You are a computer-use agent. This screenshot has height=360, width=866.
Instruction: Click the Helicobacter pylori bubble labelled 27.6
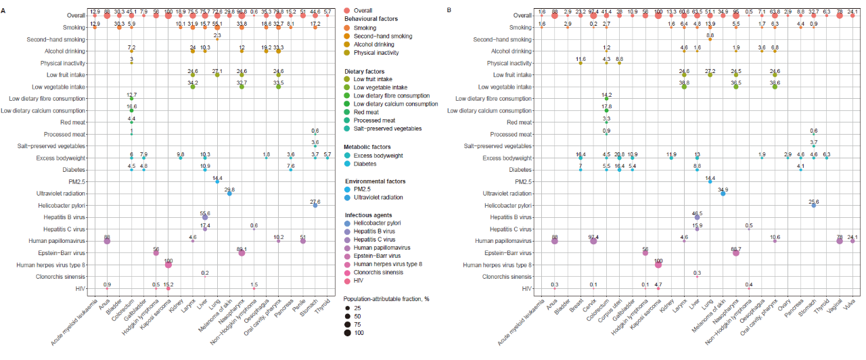[x=315, y=205]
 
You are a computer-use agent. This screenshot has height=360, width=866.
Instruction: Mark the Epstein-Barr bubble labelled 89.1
[x=242, y=252]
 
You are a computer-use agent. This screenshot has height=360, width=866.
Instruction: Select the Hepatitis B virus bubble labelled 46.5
[x=697, y=217]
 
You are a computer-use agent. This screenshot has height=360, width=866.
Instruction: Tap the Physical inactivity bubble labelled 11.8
[x=580, y=63]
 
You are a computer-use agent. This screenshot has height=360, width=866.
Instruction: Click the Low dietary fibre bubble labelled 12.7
[x=131, y=99]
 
